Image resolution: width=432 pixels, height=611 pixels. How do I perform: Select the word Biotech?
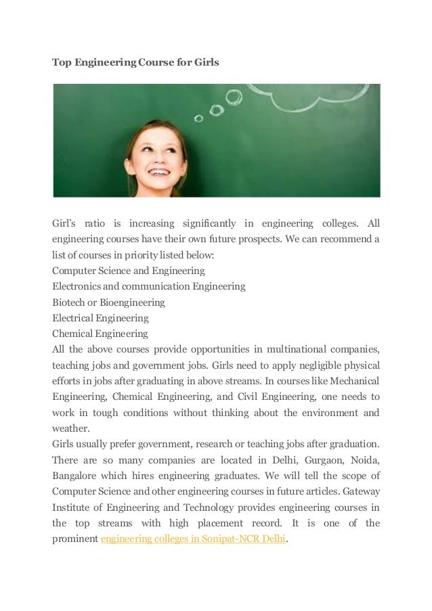pos(69,302)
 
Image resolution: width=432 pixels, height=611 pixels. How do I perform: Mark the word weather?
pos(71,428)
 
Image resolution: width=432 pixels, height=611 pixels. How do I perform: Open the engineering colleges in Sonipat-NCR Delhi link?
pos(194,539)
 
